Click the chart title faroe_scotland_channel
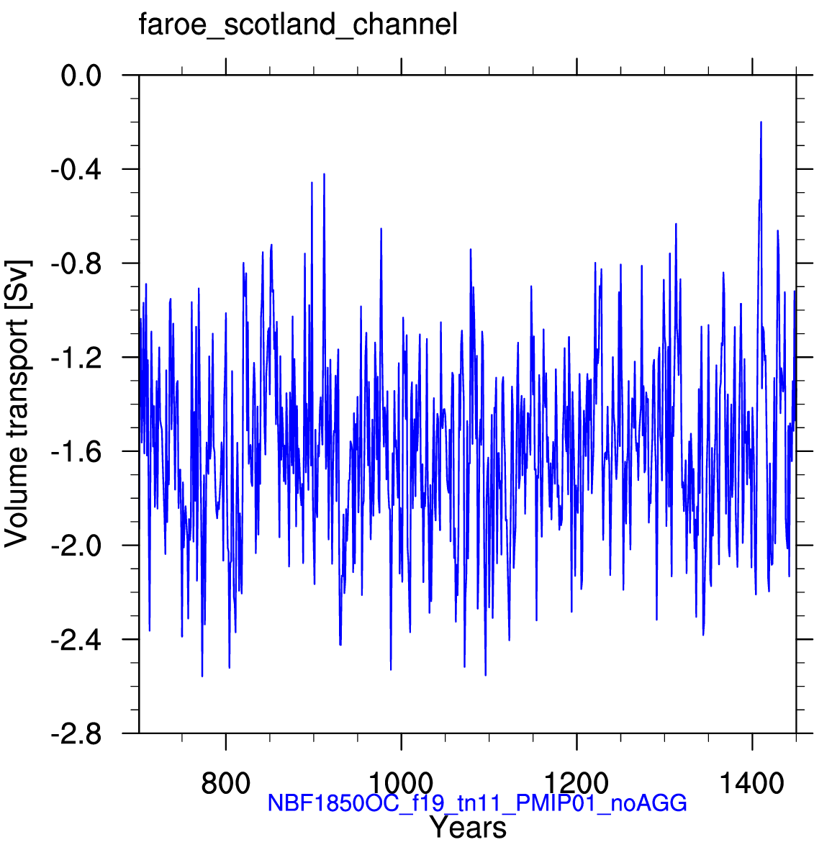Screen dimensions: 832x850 (298, 25)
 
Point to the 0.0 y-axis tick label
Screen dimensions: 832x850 (81, 76)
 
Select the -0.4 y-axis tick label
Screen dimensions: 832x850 (76, 170)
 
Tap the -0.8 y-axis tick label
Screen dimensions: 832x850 (76, 263)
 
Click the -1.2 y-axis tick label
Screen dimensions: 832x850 (76, 358)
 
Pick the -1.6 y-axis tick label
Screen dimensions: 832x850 (76, 451)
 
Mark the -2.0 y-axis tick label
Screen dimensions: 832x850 (76, 546)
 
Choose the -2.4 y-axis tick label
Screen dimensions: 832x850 (76, 640)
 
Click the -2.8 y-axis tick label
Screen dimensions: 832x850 (76, 734)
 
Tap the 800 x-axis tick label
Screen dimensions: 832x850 (225, 784)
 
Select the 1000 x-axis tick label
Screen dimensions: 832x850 (401, 784)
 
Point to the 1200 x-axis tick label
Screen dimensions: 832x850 (576, 784)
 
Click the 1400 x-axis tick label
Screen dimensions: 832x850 (752, 784)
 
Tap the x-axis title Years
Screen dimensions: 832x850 (468, 828)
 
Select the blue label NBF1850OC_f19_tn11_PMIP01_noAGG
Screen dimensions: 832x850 (477, 803)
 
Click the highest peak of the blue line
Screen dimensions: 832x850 (761, 122)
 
